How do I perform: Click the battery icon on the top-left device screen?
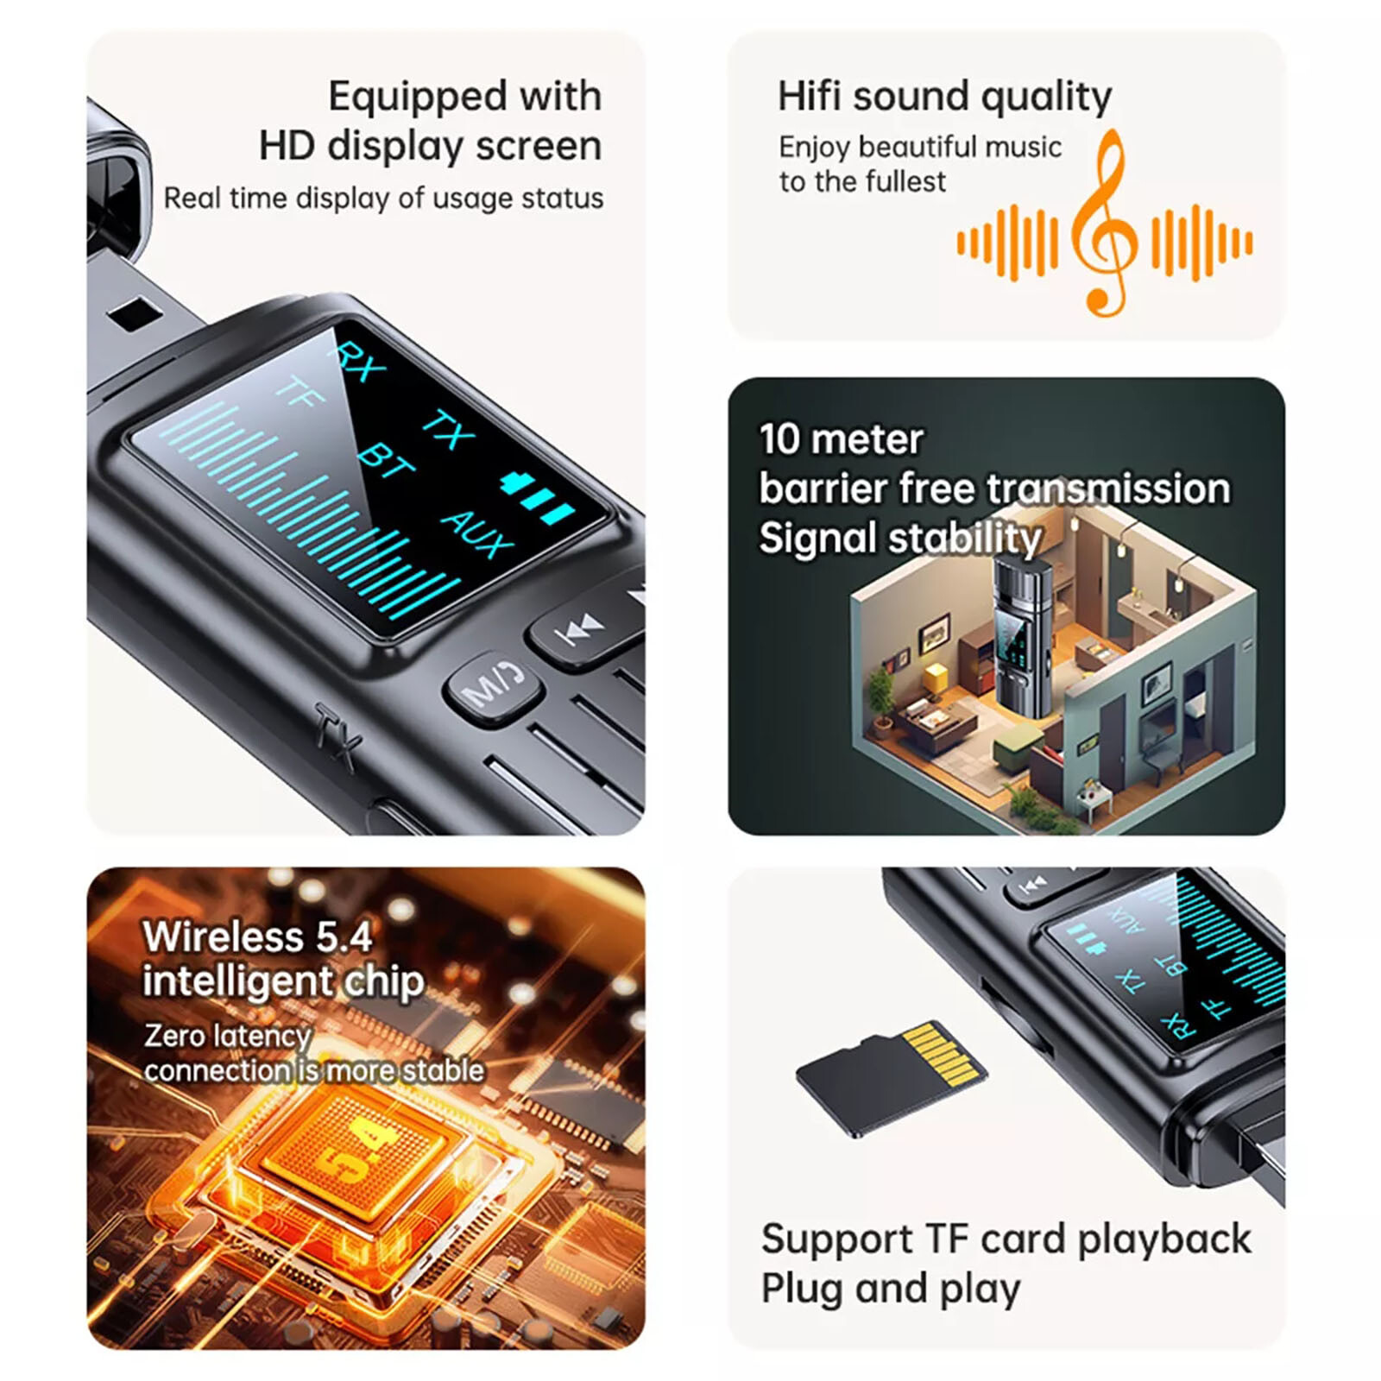[538, 498]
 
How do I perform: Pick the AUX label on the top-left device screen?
[477, 534]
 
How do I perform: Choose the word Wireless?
[223, 936]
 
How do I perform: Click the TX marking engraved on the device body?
[336, 736]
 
